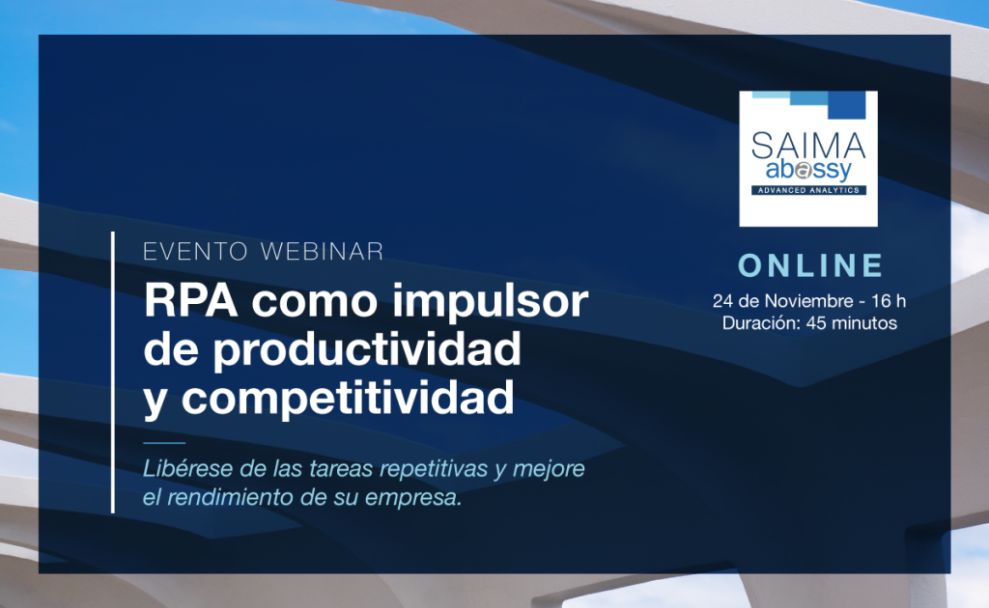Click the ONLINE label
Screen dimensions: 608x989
(810, 265)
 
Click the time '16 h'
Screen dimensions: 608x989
(885, 300)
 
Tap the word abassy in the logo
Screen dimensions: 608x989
(808, 172)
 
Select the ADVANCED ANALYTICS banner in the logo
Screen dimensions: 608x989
(808, 190)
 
